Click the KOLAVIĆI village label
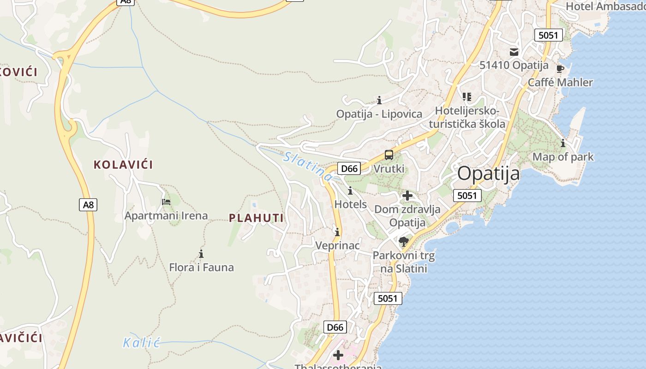tap(123, 165)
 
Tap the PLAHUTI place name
tap(256, 218)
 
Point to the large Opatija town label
tap(489, 174)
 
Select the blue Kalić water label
tap(141, 343)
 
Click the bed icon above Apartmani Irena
tap(166, 202)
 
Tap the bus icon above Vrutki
tap(389, 155)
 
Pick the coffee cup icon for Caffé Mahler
tap(560, 69)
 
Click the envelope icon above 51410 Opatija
tap(514, 52)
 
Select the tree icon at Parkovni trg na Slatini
tap(404, 241)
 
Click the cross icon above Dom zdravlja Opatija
tap(407, 196)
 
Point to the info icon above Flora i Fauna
tap(201, 254)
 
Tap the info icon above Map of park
tap(563, 143)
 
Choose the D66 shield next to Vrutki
tap(349, 168)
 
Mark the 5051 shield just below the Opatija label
tap(467, 196)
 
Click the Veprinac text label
tap(337, 245)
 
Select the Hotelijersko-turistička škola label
tap(467, 118)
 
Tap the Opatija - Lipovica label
tap(379, 114)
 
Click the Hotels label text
tap(351, 204)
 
